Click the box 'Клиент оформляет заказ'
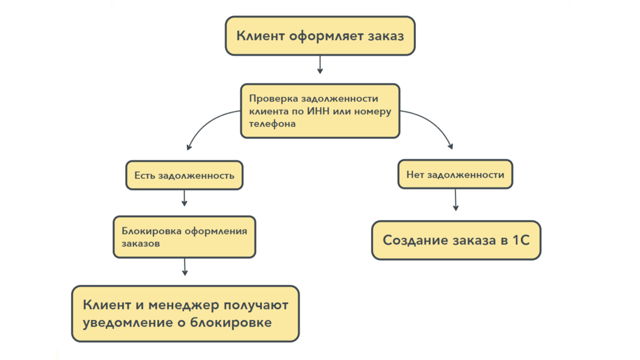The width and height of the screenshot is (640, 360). (320, 36)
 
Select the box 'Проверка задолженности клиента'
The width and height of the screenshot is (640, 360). (320, 111)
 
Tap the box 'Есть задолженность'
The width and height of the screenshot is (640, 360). (184, 175)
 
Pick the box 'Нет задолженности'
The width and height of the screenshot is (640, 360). (455, 174)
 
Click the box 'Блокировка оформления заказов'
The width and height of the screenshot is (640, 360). (184, 237)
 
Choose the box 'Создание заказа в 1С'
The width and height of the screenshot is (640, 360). (456, 240)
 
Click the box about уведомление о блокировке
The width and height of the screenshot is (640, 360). (185, 314)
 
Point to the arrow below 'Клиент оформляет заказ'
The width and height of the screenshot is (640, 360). (320, 65)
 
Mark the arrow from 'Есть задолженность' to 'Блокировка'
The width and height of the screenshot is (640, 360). (184, 198)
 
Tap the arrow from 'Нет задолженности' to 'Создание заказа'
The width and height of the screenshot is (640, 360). (456, 200)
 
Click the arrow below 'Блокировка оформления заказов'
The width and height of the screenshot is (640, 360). (185, 267)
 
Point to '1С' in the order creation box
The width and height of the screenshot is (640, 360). (521, 240)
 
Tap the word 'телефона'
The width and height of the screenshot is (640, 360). (272, 124)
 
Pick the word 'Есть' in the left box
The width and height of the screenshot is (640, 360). (145, 175)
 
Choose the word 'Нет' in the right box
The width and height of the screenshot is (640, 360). (415, 174)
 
